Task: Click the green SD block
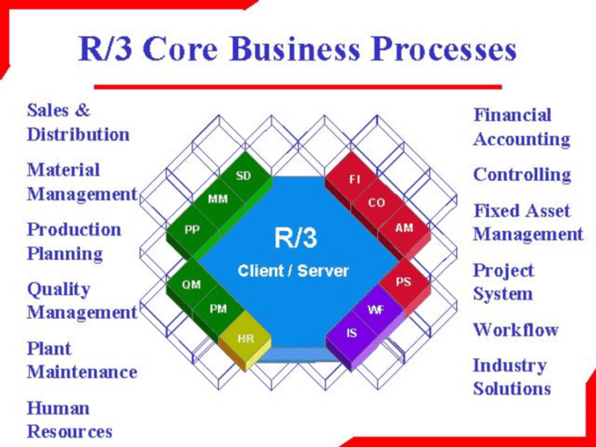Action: (244, 176)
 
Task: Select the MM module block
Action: (218, 199)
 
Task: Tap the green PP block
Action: (191, 230)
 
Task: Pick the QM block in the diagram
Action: (191, 285)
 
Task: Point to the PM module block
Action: (219, 309)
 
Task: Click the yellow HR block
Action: (245, 338)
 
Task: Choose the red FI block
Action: (355, 179)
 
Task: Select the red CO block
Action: (377, 203)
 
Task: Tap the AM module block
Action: (404, 228)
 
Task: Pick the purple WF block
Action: (376, 309)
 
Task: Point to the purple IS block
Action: (352, 334)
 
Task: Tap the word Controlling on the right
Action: (521, 175)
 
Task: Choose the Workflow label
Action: (515, 329)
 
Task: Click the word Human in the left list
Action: (58, 407)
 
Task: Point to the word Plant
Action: (49, 348)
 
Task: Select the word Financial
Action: (512, 115)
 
